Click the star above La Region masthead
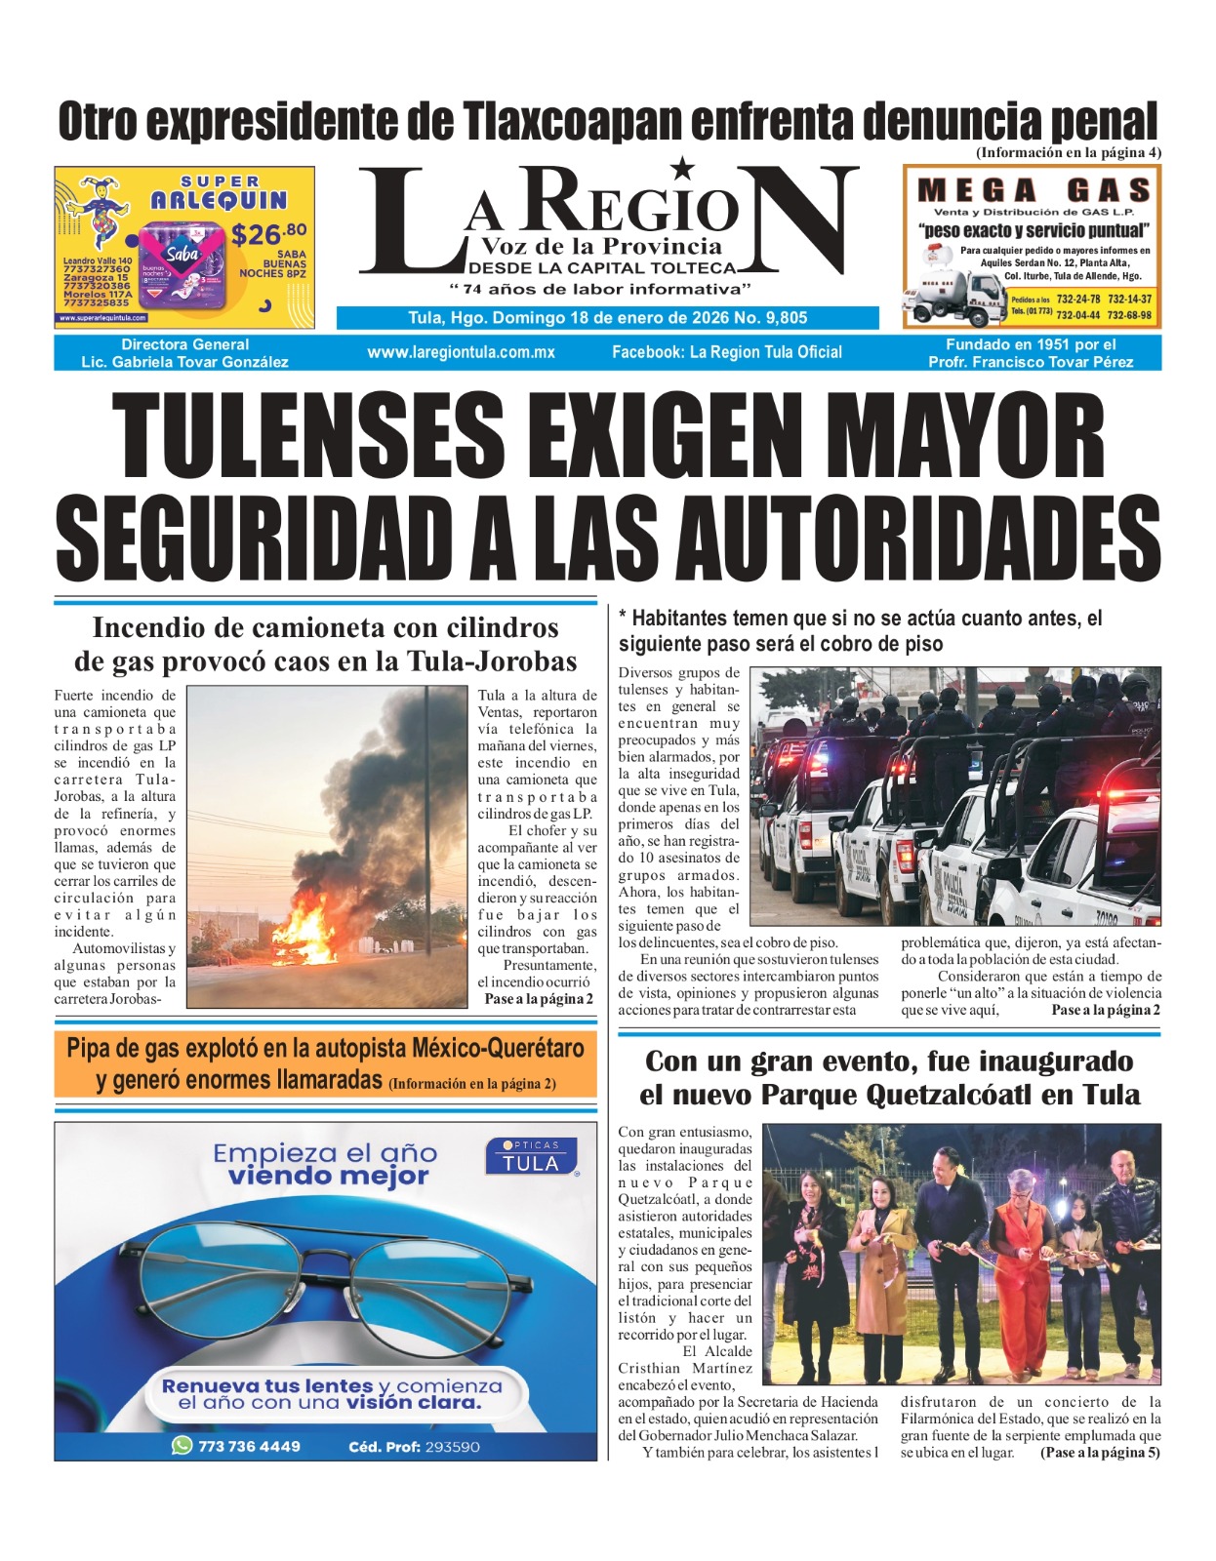[x=683, y=168]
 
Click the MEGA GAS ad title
[x=1034, y=190]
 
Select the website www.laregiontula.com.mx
[x=461, y=352]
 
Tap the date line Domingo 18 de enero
[x=607, y=318]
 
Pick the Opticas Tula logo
[x=531, y=1156]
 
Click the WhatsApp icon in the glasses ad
[x=182, y=1445]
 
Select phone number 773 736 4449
[x=249, y=1446]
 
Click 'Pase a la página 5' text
[x=1100, y=1453]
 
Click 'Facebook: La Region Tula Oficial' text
[x=726, y=352]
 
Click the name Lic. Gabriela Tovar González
[x=184, y=362]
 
